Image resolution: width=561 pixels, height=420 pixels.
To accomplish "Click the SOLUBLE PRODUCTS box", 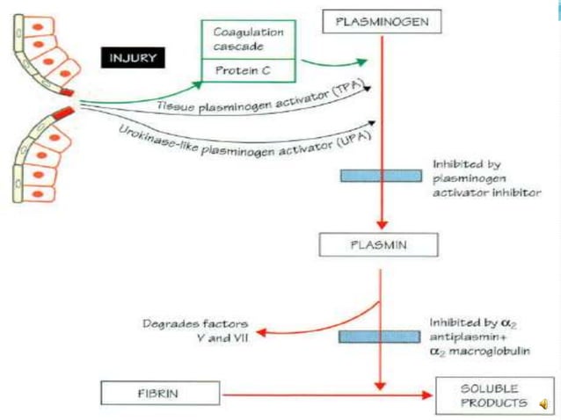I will point(486,395).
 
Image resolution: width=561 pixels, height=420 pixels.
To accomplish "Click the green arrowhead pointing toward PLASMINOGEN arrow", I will point(362,62).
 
